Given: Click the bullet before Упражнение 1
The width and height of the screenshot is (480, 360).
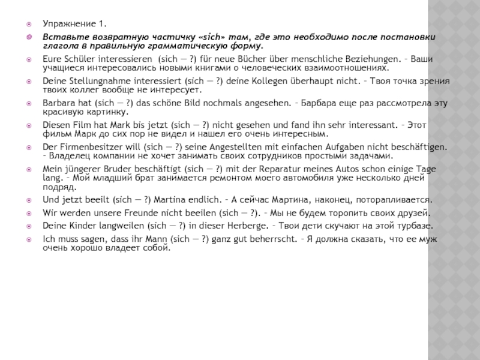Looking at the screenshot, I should point(28,25).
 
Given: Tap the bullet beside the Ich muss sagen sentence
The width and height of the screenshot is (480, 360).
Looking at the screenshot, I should point(28,239).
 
